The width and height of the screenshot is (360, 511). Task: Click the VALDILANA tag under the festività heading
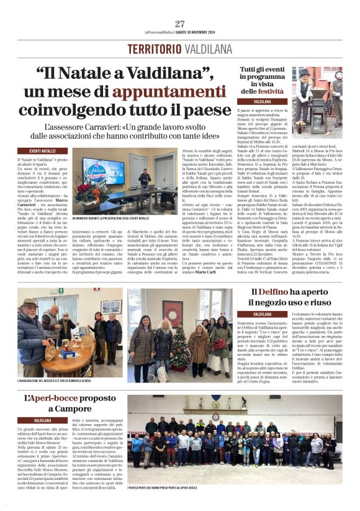pyautogui.click(x=263, y=101)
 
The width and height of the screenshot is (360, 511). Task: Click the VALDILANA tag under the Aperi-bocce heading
pyautogui.click(x=42, y=420)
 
